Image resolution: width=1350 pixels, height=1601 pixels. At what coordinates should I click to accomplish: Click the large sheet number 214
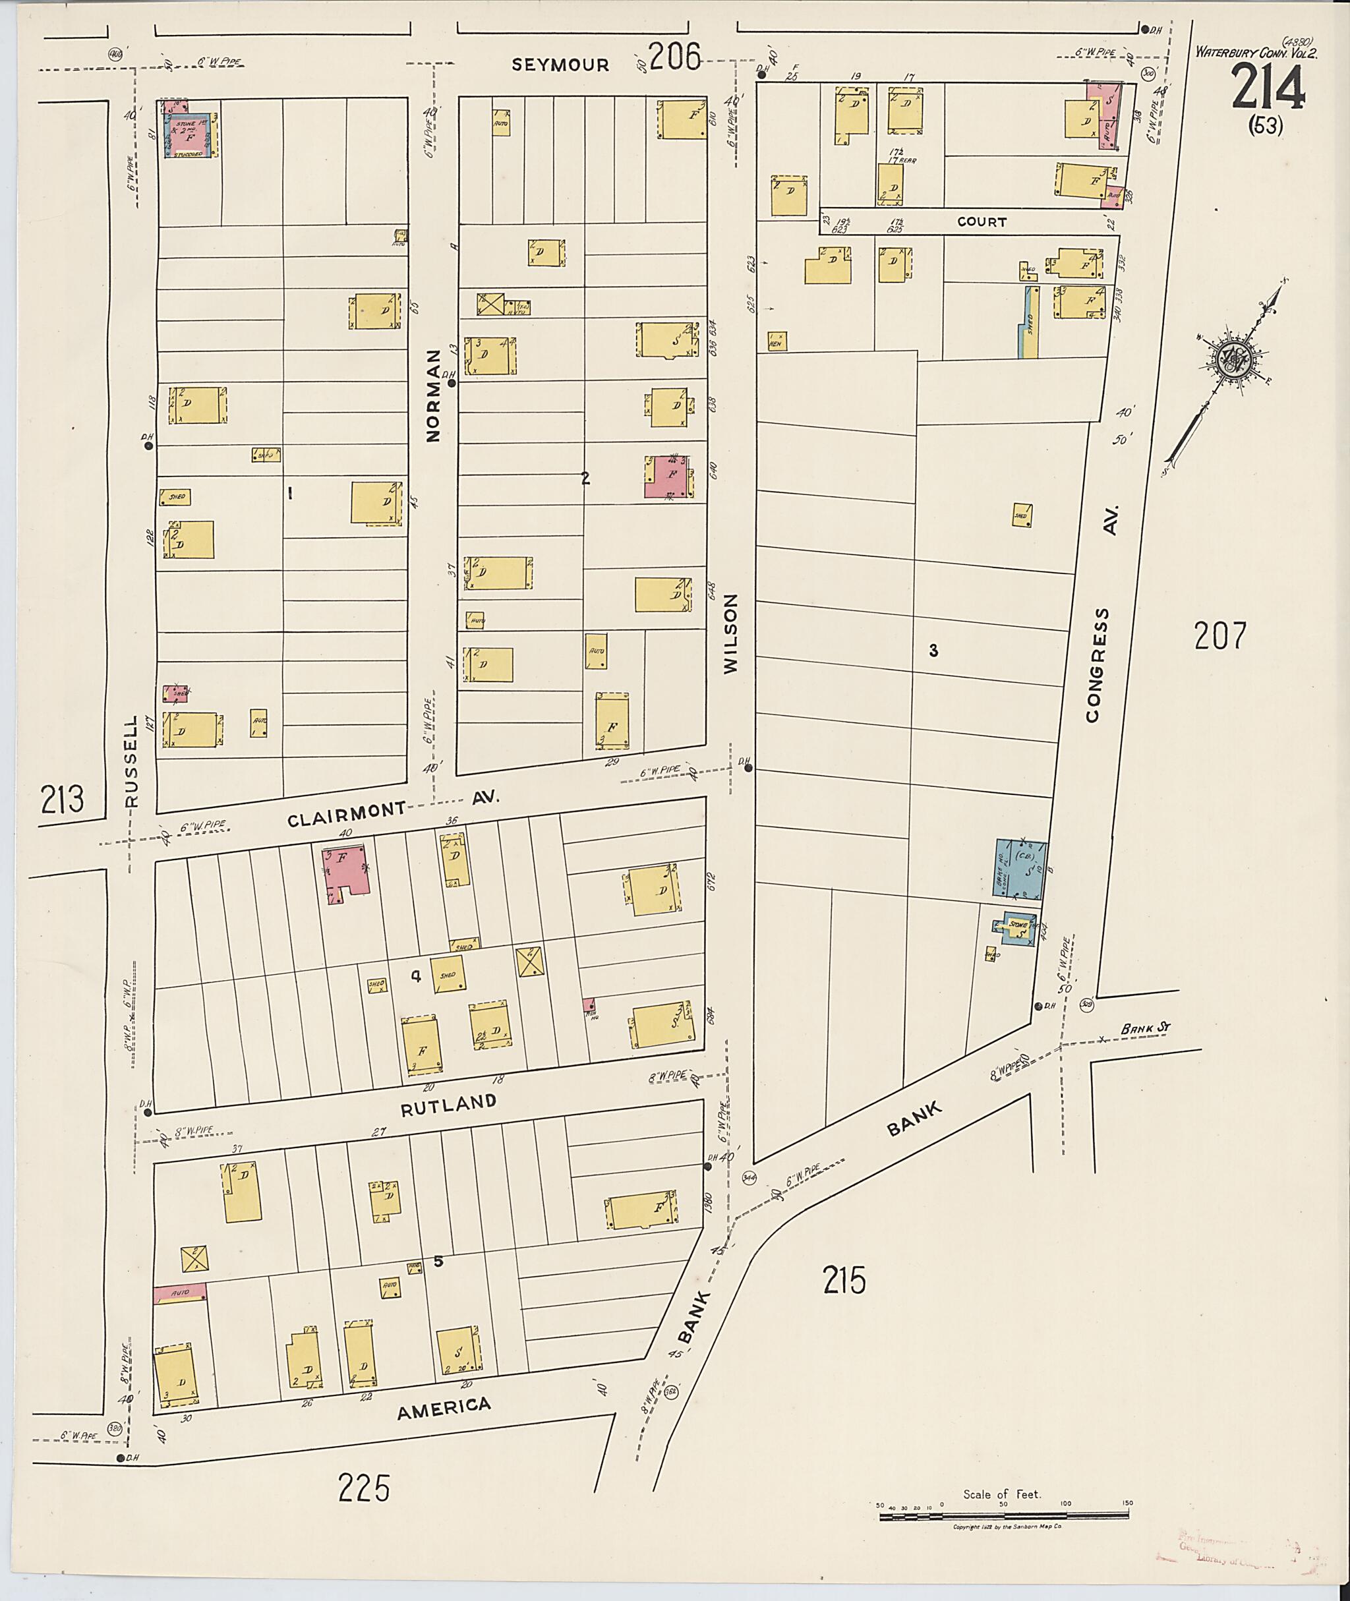pos(1268,86)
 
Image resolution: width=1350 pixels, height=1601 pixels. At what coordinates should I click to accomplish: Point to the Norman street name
pos(433,395)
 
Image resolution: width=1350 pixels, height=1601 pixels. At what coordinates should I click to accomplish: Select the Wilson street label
pos(731,635)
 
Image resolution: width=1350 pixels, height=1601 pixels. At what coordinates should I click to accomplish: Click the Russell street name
pos(132,761)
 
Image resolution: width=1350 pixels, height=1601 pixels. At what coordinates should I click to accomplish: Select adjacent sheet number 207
pos(1220,636)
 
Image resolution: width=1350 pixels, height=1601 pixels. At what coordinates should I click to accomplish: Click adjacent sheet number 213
pos(62,800)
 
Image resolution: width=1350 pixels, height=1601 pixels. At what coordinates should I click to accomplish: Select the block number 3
pos(933,651)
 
